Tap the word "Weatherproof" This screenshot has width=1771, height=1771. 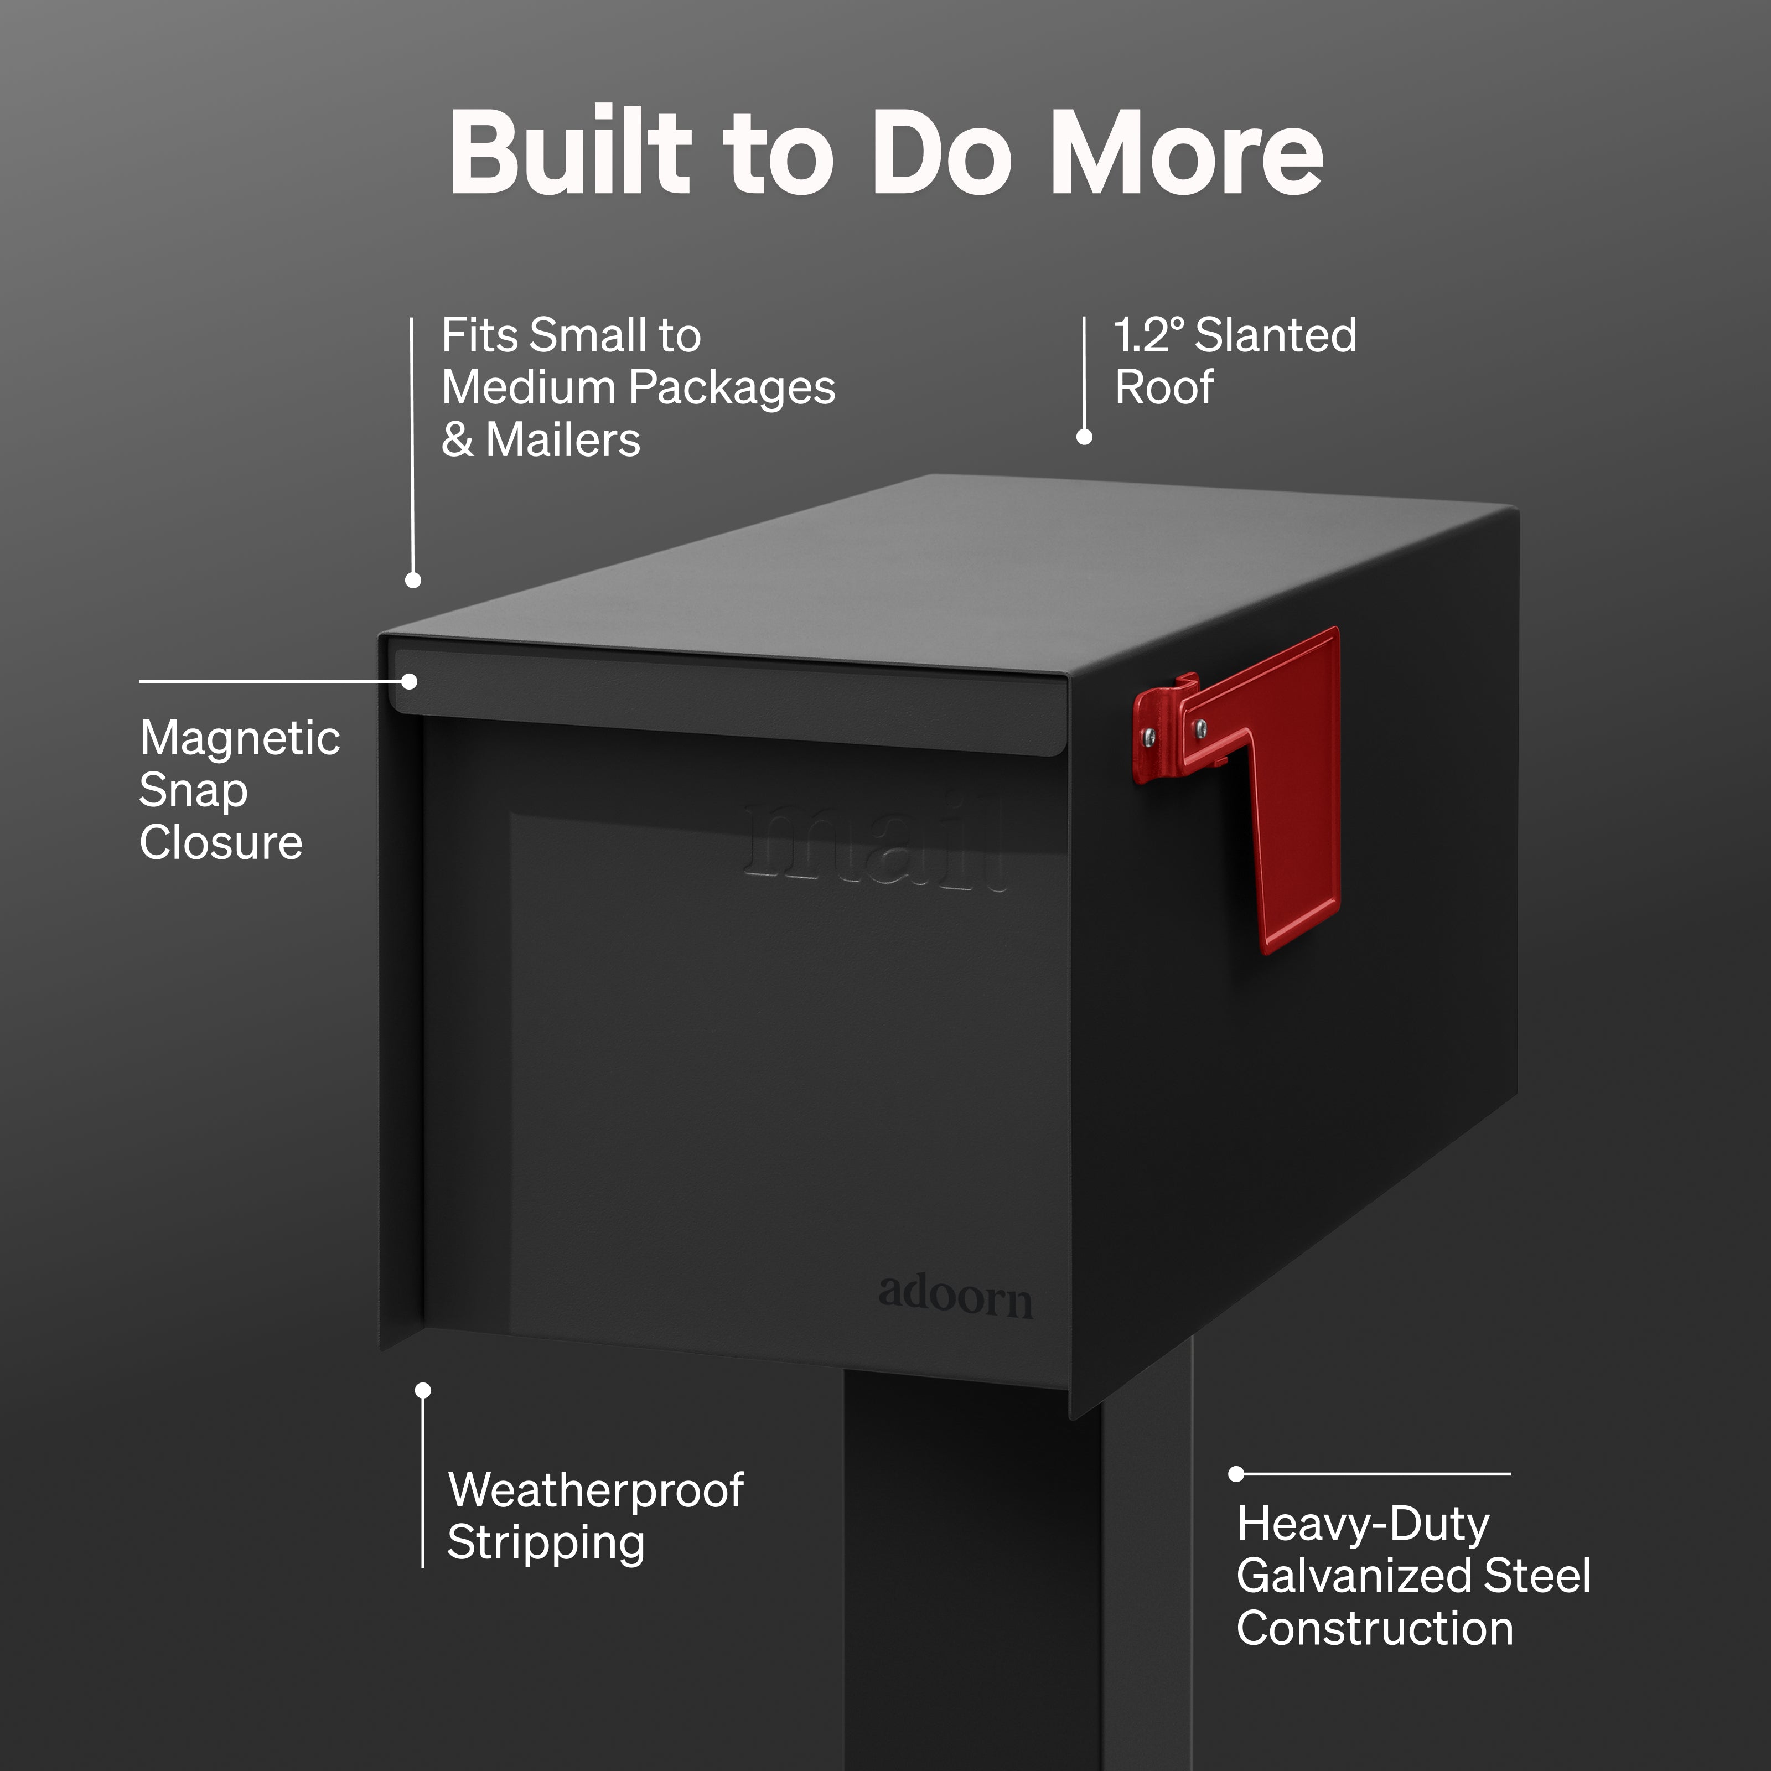(596, 1490)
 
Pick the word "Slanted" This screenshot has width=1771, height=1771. (1276, 335)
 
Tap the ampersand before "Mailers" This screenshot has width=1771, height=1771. (458, 440)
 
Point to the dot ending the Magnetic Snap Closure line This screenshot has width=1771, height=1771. (410, 682)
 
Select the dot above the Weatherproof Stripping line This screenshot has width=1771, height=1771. (423, 1391)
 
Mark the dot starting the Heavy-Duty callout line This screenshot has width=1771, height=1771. (1236, 1474)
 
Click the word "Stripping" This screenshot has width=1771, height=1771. (546, 1544)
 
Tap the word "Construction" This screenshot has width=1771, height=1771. (1375, 1629)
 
